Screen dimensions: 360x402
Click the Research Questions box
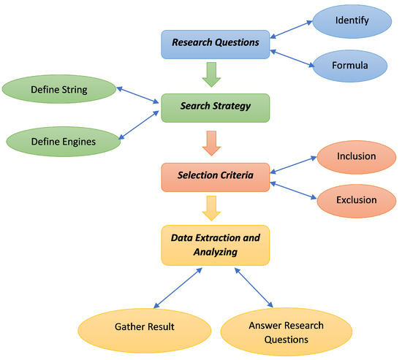[216, 43]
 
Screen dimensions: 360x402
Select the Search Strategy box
[216, 107]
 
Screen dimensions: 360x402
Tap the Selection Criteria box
[216, 176]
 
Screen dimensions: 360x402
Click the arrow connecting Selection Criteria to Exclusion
[292, 187]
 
